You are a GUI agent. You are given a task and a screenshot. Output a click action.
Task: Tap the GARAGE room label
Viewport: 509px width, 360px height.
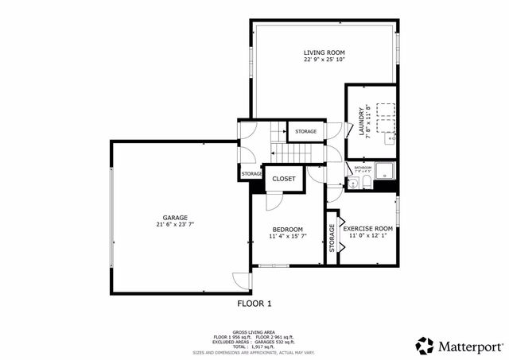point(175,217)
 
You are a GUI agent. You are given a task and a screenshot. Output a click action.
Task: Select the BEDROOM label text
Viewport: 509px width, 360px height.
point(286,229)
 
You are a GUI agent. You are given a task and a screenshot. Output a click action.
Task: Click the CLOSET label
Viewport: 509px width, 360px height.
point(284,179)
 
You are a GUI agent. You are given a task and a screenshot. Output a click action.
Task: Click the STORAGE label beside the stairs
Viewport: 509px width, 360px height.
point(305,131)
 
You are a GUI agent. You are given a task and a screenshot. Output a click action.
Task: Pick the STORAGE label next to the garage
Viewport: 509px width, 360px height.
point(251,172)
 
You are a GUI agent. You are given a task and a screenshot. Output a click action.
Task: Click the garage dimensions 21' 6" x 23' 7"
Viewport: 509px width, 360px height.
point(175,225)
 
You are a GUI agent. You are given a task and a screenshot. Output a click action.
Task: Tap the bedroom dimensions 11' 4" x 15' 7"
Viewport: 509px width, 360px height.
point(286,237)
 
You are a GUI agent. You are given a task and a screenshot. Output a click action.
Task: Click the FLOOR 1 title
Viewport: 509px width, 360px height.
point(254,304)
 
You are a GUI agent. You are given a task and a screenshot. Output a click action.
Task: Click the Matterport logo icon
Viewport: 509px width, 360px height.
point(425,346)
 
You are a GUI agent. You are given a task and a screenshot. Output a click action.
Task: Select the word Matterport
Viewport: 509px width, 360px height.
point(469,346)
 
